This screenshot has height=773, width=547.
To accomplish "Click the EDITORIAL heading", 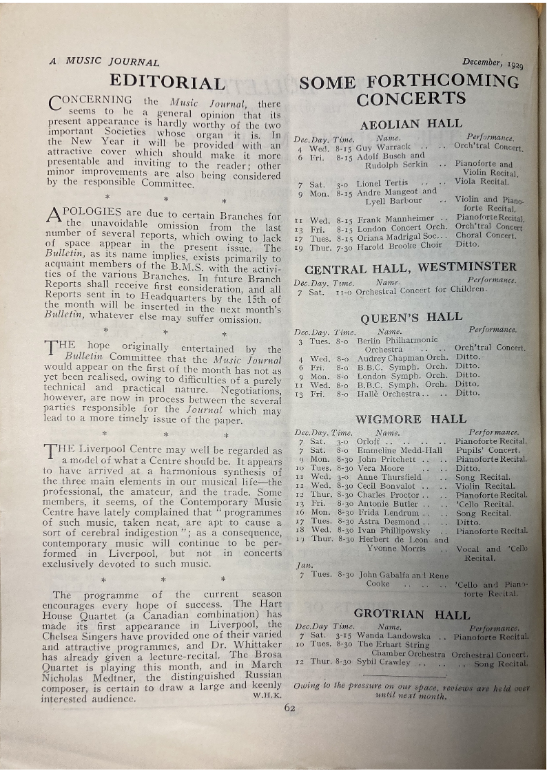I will click(x=167, y=83).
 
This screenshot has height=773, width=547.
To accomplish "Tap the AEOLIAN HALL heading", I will click(x=411, y=125).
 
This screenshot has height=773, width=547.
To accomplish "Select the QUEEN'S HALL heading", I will click(x=411, y=317).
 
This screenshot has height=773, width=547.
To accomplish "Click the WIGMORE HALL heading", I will click(x=411, y=419).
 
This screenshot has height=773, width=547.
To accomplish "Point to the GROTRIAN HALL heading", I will click(x=411, y=614).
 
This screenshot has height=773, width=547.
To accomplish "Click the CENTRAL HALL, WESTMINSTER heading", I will click(x=410, y=267).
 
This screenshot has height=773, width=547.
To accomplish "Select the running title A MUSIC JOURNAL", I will click(x=104, y=61).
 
